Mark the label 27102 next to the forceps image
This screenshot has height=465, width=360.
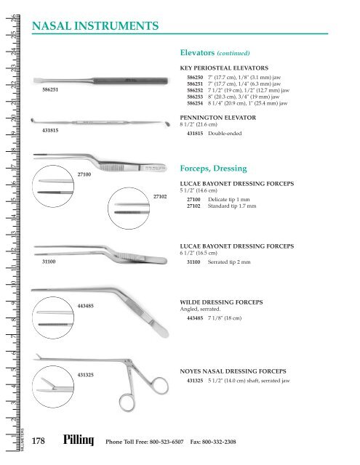(x=161, y=196)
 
